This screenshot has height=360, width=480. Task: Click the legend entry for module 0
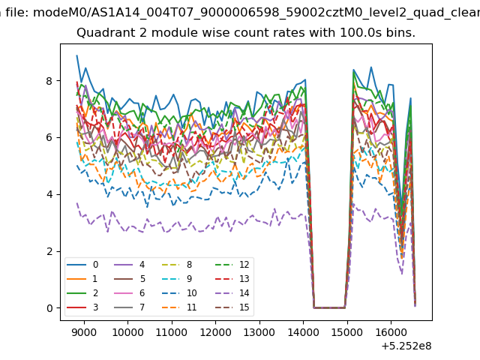click(x=82, y=265)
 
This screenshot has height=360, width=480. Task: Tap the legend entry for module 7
click(x=130, y=307)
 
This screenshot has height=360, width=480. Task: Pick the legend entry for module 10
click(x=178, y=293)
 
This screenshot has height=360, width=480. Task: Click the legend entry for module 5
click(x=130, y=279)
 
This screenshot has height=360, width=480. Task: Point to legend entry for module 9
click(x=176, y=279)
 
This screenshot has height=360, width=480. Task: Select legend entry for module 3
click(x=82, y=307)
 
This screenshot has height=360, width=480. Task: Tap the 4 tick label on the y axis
click(x=49, y=194)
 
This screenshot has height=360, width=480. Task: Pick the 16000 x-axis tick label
click(x=391, y=332)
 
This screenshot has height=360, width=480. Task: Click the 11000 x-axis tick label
click(x=172, y=332)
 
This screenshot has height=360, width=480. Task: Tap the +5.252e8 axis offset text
click(x=406, y=346)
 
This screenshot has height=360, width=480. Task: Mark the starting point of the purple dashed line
click(x=76, y=202)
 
